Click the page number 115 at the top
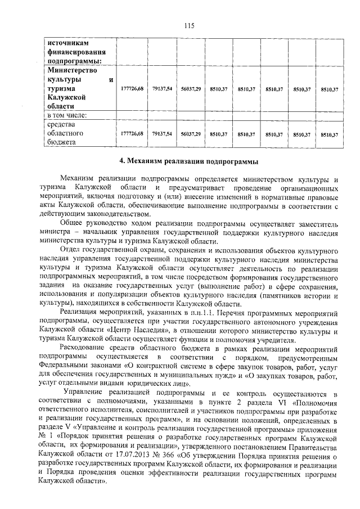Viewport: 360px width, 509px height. (189, 25)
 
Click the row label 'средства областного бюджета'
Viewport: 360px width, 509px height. (65, 134)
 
